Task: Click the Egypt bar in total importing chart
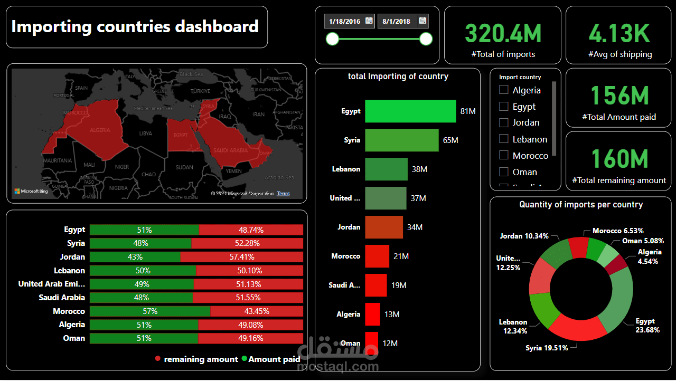[410, 111]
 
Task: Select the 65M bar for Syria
[401, 140]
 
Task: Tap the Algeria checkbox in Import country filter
[504, 90]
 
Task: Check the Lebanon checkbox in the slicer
[504, 139]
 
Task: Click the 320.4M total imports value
[503, 33]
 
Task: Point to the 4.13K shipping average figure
[619, 33]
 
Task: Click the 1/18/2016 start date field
[344, 21]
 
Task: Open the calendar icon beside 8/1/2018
[422, 21]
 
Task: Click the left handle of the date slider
[333, 39]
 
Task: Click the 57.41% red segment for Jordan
[242, 257]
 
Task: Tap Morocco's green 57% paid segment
[149, 311]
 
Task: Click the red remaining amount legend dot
[158, 359]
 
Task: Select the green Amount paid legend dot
[244, 359]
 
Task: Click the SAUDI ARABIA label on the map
[230, 150]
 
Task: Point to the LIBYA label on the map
[145, 134]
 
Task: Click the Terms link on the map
[284, 194]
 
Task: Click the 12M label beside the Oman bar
[390, 344]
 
